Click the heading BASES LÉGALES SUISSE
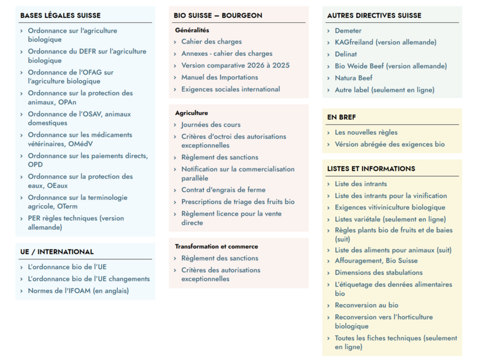60,15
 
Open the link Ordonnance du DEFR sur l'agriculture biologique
86,56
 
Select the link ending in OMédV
80,139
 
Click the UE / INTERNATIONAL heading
56,251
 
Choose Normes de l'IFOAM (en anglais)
78,291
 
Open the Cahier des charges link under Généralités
212,41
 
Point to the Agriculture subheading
191,113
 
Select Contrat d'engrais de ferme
224,190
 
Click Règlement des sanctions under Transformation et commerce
219,258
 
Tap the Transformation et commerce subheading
216,246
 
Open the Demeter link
348,31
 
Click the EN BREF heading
341,117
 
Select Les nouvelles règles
366,132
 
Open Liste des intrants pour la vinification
390,196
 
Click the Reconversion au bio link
366,305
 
